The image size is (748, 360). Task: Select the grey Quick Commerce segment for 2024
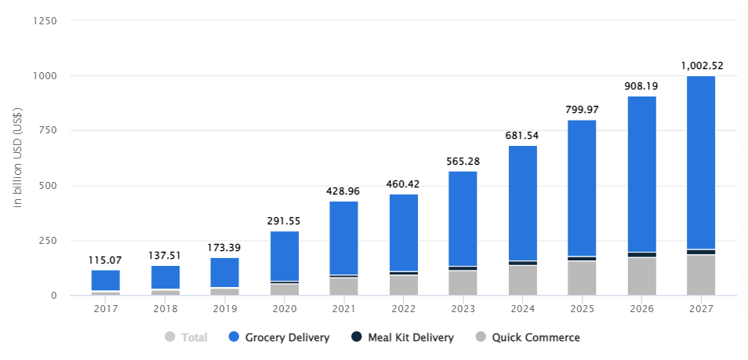522,281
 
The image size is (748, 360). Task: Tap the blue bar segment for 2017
106,280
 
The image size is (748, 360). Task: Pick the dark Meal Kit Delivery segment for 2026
641,254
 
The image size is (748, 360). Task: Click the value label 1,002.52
700,66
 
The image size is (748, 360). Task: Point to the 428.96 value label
343,191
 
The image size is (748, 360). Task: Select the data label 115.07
106,260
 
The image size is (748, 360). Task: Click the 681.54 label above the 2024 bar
522,135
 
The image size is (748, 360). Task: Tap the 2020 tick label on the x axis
284,308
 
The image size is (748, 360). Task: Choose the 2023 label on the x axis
463,308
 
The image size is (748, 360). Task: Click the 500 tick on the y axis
49,186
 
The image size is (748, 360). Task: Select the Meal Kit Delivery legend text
412,337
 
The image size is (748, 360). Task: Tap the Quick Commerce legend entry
536,337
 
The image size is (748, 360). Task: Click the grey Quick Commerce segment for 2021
343,286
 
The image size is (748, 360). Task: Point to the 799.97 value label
582,109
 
